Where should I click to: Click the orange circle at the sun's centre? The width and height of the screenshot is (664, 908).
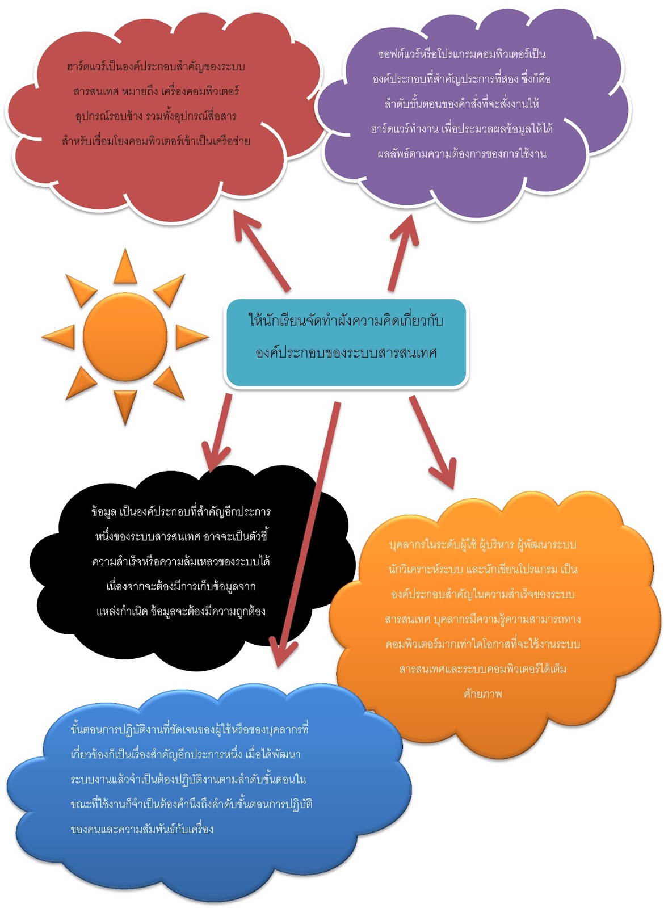(x=125, y=337)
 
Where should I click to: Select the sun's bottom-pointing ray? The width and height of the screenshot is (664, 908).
(x=125, y=404)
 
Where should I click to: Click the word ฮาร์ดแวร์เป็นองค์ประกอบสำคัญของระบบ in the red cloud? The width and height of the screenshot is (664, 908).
(x=156, y=67)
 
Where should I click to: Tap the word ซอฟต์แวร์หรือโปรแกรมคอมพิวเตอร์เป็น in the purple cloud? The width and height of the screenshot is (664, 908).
(x=461, y=54)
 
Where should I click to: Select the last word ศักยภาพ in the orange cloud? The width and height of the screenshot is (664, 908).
(x=482, y=693)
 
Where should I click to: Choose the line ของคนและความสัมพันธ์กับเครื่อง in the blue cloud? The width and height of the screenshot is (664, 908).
(x=141, y=829)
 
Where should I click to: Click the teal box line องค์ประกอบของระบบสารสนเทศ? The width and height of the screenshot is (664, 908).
(x=346, y=353)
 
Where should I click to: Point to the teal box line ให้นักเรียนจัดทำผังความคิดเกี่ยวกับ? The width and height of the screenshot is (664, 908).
(x=346, y=321)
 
